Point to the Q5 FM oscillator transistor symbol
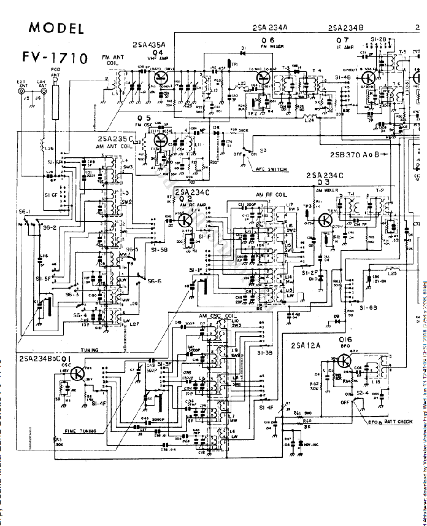[x=160, y=140]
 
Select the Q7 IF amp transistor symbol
[x=369, y=79]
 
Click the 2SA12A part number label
[x=307, y=346]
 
